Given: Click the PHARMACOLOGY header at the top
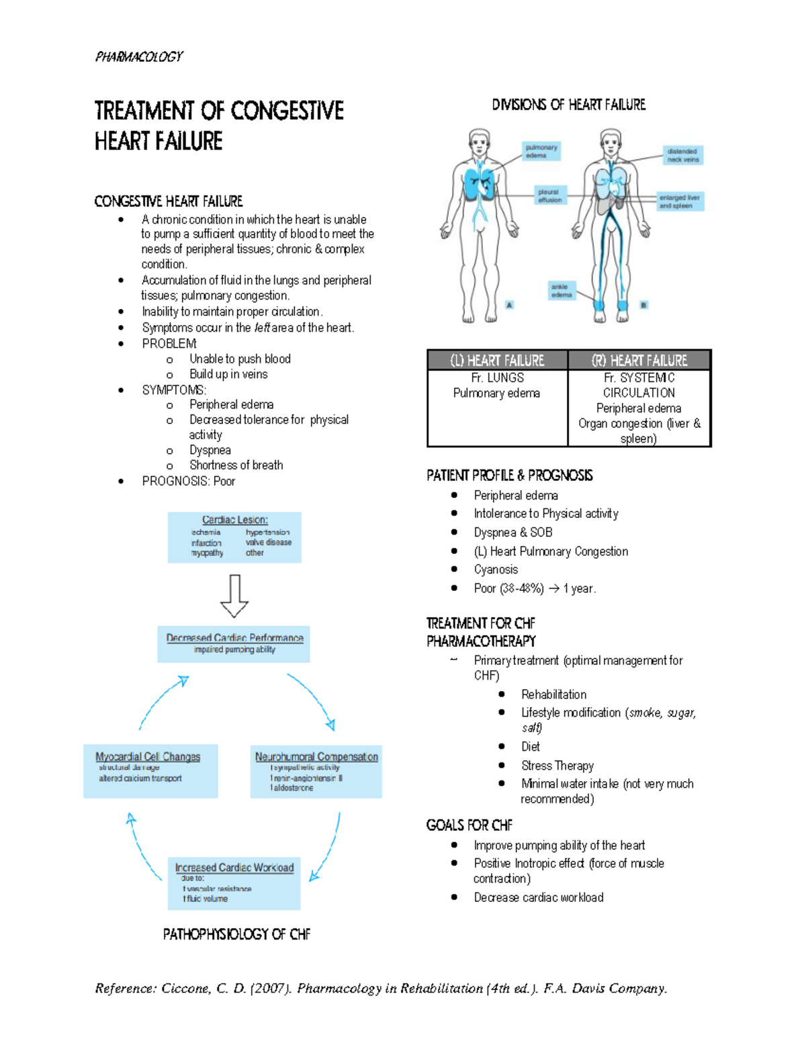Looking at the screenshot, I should [x=138, y=57].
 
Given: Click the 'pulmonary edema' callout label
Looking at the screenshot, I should [x=541, y=151].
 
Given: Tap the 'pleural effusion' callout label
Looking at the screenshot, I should [x=549, y=195].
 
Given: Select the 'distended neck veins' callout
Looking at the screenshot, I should [x=682, y=155].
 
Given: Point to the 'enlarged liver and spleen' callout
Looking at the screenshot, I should [x=680, y=201].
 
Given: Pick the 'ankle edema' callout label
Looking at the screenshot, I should [x=561, y=290].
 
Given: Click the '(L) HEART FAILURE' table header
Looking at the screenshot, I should [x=497, y=361].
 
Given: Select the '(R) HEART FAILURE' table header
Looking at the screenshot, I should [x=639, y=361].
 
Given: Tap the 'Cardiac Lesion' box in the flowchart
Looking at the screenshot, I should [x=234, y=537].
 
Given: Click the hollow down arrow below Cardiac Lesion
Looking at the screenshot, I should [x=234, y=595].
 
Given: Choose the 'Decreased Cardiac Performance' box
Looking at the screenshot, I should [x=234, y=643].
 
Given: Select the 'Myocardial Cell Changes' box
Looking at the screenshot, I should [x=150, y=770].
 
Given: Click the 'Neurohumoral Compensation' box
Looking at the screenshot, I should [x=316, y=770].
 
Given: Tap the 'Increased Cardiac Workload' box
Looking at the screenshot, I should [x=234, y=882].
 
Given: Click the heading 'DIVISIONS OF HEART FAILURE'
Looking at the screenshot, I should [x=568, y=105].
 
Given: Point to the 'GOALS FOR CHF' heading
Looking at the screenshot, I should [x=469, y=825].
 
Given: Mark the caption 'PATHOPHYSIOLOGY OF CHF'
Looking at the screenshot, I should [x=236, y=934].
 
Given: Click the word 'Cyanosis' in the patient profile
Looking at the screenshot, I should [x=496, y=570].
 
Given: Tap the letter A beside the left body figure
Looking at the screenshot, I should [x=509, y=305].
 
